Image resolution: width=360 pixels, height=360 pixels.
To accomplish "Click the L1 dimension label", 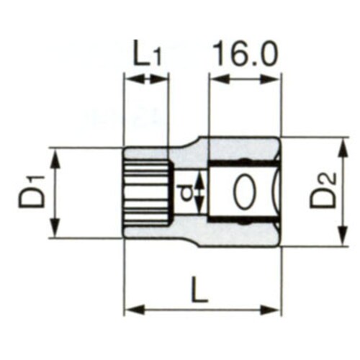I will [x=147, y=55].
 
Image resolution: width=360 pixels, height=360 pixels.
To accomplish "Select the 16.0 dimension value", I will [x=244, y=53].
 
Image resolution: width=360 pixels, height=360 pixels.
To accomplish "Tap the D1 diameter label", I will [x=32, y=192].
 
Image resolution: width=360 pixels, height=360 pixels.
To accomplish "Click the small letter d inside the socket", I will [x=184, y=192].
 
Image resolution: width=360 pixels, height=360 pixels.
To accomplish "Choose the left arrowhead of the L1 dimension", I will [x=130, y=79].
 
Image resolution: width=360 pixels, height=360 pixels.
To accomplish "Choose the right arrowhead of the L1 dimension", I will [x=164, y=79].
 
